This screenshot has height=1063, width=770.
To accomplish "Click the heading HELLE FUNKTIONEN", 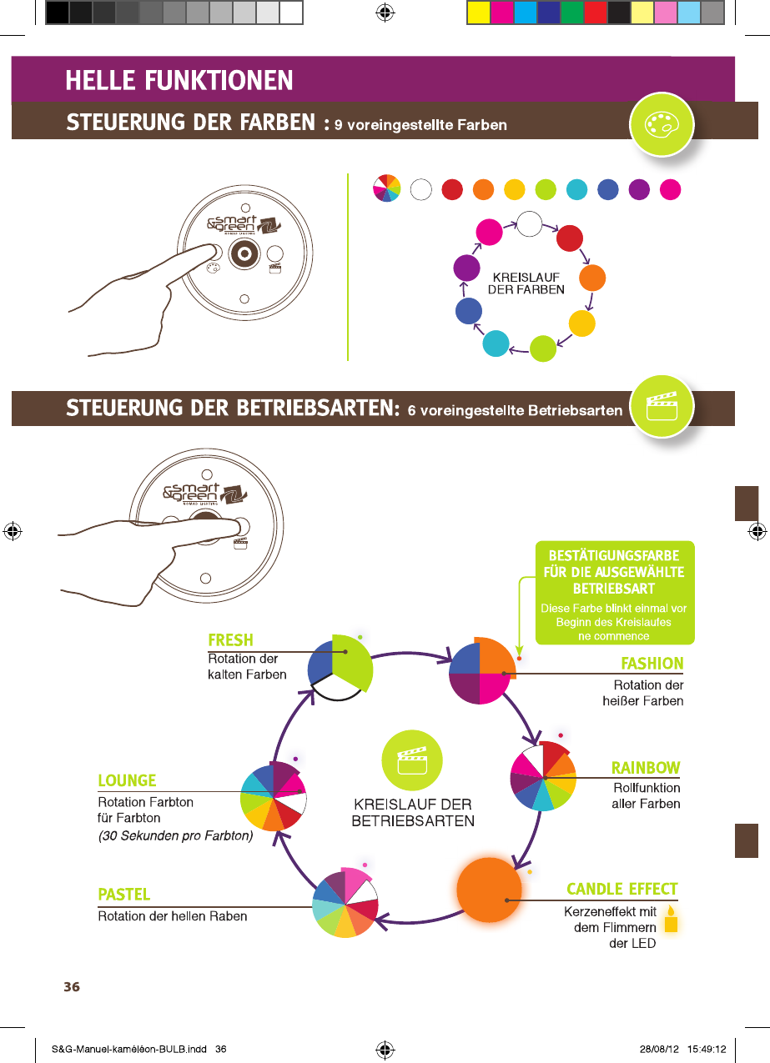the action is pyautogui.click(x=179, y=81).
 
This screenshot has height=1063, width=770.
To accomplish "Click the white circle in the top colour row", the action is pyautogui.click(x=420, y=189).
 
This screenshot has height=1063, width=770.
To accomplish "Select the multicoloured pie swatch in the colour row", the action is pyautogui.click(x=387, y=189).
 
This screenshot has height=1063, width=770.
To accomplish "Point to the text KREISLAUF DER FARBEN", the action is pyautogui.click(x=526, y=283).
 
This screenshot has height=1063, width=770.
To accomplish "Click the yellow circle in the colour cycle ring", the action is pyautogui.click(x=581, y=323).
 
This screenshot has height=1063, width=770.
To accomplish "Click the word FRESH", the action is pyautogui.click(x=230, y=640).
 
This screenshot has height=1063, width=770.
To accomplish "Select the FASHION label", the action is pyautogui.click(x=652, y=664).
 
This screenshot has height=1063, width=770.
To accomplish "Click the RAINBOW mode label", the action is pyautogui.click(x=646, y=767).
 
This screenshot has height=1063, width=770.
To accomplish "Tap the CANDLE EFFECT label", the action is pyautogui.click(x=622, y=889).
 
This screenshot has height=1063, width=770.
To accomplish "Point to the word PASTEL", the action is pyautogui.click(x=124, y=895).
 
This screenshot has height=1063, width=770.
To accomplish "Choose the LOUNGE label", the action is pyautogui.click(x=127, y=780).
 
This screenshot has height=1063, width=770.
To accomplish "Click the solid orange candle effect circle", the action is pyautogui.click(x=489, y=890).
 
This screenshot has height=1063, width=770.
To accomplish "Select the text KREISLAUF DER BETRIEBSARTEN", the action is pyautogui.click(x=413, y=813).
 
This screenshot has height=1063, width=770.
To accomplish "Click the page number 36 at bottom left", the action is pyautogui.click(x=72, y=987).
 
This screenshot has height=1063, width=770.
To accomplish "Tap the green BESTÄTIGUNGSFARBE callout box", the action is pyautogui.click(x=614, y=593).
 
